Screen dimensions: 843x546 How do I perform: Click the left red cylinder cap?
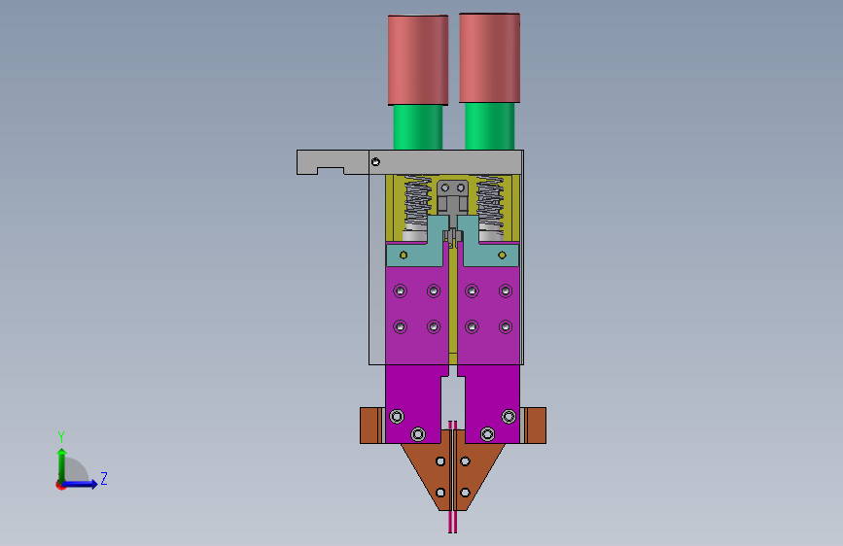tap(418, 59)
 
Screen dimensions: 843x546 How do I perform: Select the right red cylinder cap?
tap(489, 58)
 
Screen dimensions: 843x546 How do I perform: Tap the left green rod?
tap(418, 127)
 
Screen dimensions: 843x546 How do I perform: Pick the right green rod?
tap(489, 126)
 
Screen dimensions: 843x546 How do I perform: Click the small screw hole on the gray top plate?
tap(376, 161)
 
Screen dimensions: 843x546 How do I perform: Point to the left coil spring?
tap(417, 200)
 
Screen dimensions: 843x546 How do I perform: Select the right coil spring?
tap(490, 201)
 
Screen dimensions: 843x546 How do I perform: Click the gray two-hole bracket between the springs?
tap(452, 196)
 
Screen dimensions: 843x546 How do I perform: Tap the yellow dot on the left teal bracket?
tap(404, 256)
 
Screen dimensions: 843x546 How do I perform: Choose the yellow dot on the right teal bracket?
tap(502, 256)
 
